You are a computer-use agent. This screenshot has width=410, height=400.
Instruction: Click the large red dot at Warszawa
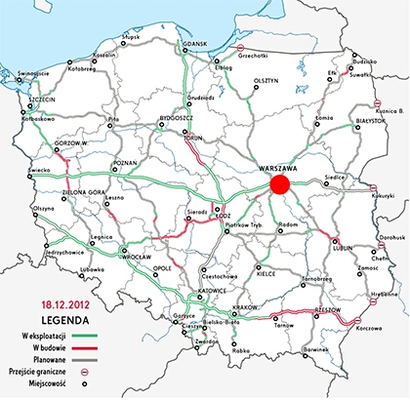click(x=279, y=184)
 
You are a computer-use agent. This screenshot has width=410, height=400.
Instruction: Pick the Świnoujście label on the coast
click(x=28, y=59)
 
